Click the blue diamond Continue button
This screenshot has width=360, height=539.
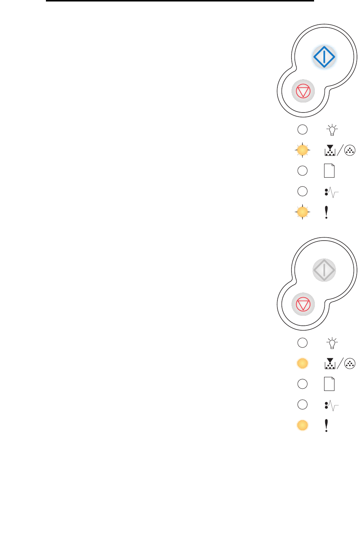(324, 57)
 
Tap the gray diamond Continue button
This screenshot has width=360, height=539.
(324, 270)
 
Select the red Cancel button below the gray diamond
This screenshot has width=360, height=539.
(303, 304)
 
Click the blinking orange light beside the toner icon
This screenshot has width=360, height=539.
(303, 150)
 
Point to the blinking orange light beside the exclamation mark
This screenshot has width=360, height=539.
(303, 212)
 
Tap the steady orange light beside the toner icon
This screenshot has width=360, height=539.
(303, 364)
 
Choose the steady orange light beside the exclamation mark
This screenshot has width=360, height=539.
(303, 425)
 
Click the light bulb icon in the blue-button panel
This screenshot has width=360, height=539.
(332, 130)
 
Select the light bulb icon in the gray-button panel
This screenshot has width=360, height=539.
(332, 343)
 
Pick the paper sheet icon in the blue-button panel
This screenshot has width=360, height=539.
(329, 171)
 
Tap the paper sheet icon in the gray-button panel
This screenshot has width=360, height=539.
(329, 384)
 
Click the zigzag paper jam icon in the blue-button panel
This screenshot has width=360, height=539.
(331, 192)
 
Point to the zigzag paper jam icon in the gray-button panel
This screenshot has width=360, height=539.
(331, 405)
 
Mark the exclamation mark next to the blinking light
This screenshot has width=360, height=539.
(326, 212)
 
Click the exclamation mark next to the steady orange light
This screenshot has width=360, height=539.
(326, 425)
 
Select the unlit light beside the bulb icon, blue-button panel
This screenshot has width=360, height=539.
(303, 130)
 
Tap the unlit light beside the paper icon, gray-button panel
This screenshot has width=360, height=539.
(303, 384)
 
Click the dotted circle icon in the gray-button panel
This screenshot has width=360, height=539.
(350, 364)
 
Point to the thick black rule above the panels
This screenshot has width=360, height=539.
(180, 1)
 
